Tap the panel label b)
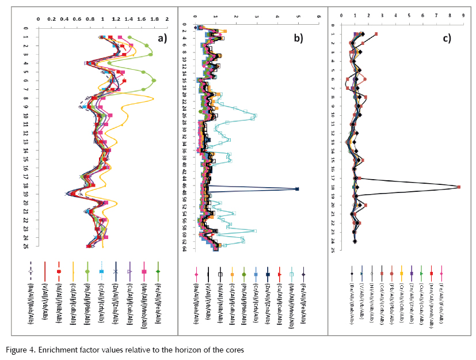(x=298, y=39)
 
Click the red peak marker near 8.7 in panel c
(x=459, y=187)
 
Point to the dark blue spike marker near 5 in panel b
(x=297, y=189)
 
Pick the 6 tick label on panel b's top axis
(x=318, y=16)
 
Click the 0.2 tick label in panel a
(x=51, y=18)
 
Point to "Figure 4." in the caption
(x=24, y=350)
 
